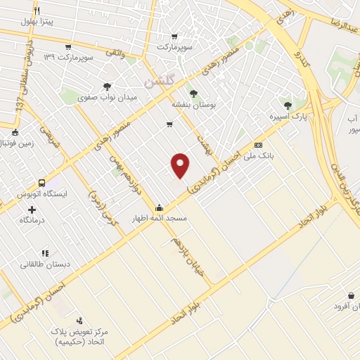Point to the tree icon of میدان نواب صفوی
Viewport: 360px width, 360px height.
coord(107,86)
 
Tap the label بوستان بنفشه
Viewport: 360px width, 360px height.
coord(193,103)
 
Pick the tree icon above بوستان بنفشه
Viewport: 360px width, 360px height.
coord(193,91)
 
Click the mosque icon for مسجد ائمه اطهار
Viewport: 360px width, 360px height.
coord(160,207)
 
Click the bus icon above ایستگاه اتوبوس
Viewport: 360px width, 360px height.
coord(42,182)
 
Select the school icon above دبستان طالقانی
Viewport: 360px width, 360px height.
coord(46,252)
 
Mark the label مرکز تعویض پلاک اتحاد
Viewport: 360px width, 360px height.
coord(78,335)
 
